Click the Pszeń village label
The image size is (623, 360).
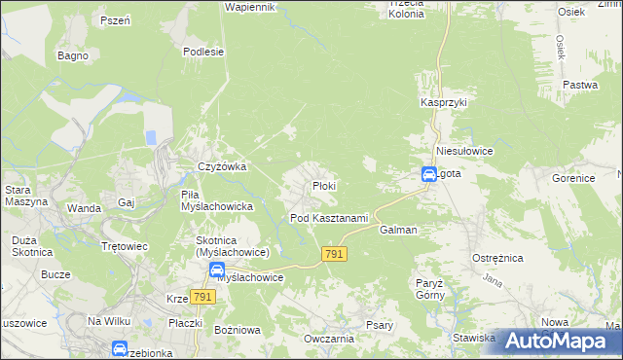pyautogui.click(x=115, y=20)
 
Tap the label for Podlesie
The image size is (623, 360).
pyautogui.click(x=203, y=52)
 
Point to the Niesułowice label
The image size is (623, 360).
pyautogui.click(x=466, y=152)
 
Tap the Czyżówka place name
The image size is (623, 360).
pyautogui.click(x=222, y=166)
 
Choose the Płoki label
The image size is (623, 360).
pyautogui.click(x=324, y=185)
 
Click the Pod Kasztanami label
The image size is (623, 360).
pyautogui.click(x=329, y=217)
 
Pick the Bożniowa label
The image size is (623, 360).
pyautogui.click(x=234, y=330)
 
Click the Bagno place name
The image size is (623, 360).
pyautogui.click(x=73, y=55)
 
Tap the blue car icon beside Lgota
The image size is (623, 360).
pyautogui.click(x=429, y=175)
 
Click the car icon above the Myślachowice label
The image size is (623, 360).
pyautogui.click(x=217, y=269)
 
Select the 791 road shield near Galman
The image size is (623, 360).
pyautogui.click(x=333, y=253)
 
